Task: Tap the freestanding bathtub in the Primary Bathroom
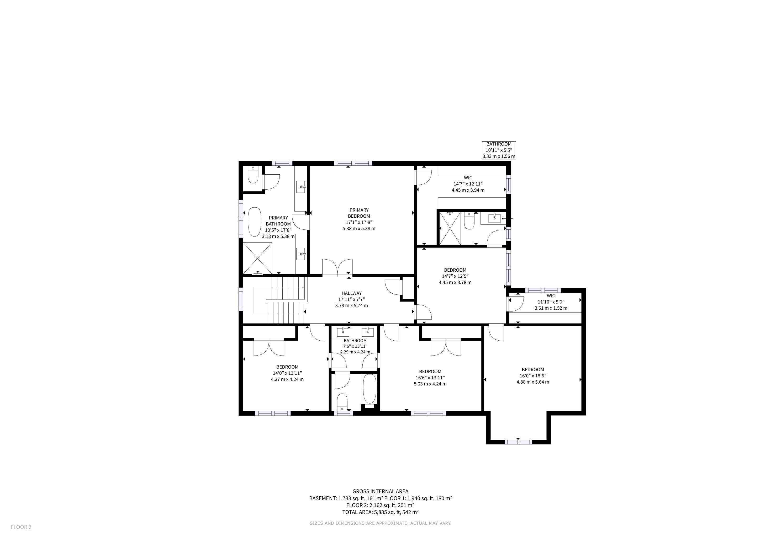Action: (x=255, y=222)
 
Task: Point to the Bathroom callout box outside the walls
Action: (x=499, y=150)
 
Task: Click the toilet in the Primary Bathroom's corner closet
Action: (x=253, y=175)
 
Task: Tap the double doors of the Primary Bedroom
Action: (x=337, y=267)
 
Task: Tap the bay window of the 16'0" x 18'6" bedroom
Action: (x=518, y=442)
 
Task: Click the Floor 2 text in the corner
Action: (x=21, y=527)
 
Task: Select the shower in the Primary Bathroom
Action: (x=257, y=258)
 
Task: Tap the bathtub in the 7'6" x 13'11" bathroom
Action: (x=370, y=389)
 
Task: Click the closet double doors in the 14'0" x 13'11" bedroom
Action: (x=269, y=347)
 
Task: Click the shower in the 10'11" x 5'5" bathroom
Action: (x=450, y=228)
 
